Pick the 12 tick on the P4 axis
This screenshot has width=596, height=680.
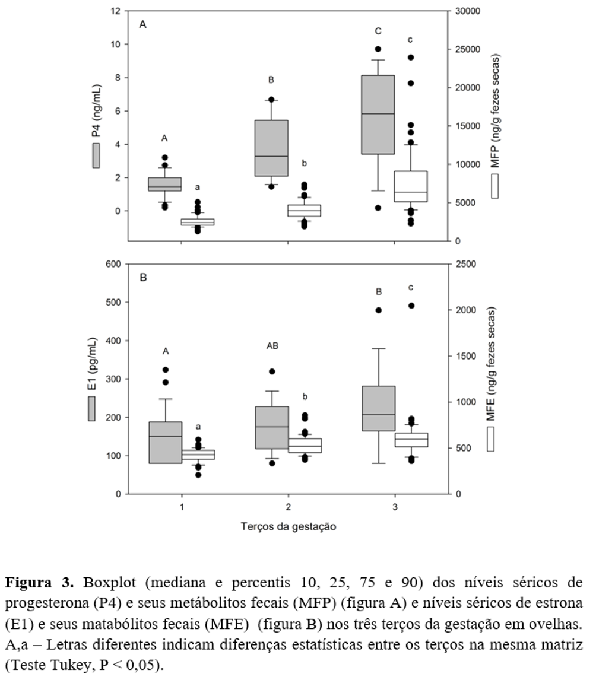116,11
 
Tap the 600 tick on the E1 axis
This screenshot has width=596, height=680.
113,264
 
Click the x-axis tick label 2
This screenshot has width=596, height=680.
289,507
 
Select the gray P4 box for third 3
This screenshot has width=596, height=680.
378,115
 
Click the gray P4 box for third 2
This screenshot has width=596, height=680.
271,148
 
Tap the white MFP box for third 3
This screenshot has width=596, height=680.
411,186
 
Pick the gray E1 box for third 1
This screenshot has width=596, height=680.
164,442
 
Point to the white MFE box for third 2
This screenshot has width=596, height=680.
305,446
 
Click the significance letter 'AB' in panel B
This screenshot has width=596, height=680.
272,345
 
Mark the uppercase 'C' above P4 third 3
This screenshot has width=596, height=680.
378,31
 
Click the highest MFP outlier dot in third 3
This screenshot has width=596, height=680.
411,58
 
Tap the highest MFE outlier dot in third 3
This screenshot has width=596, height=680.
411,306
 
